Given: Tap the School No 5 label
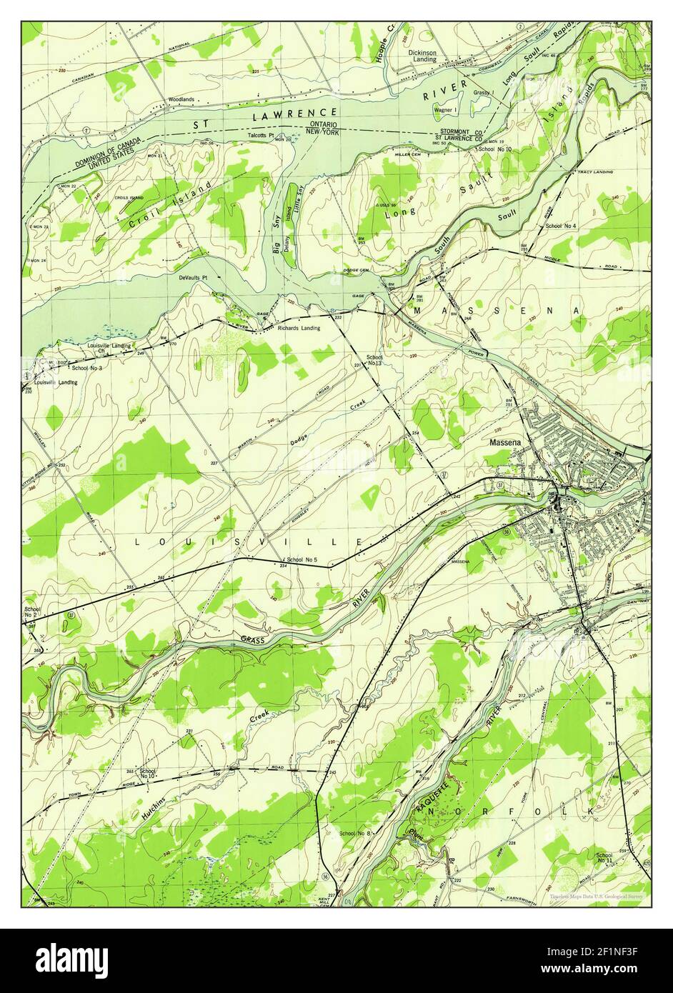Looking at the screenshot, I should pos(301,559).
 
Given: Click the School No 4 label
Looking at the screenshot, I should pos(561,226).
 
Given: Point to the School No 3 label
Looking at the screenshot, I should pos(86,368).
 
